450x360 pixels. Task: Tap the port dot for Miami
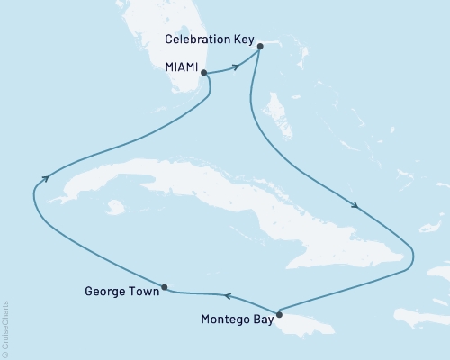[x=204, y=72]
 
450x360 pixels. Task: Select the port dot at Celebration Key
[x=259, y=46]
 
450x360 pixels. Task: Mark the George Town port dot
[x=165, y=289]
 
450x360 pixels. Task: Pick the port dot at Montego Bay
[x=280, y=314]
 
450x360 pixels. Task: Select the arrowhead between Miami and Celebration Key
[x=237, y=66]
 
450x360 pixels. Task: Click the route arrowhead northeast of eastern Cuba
[x=357, y=206]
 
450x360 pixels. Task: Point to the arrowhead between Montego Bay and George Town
[x=227, y=294]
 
